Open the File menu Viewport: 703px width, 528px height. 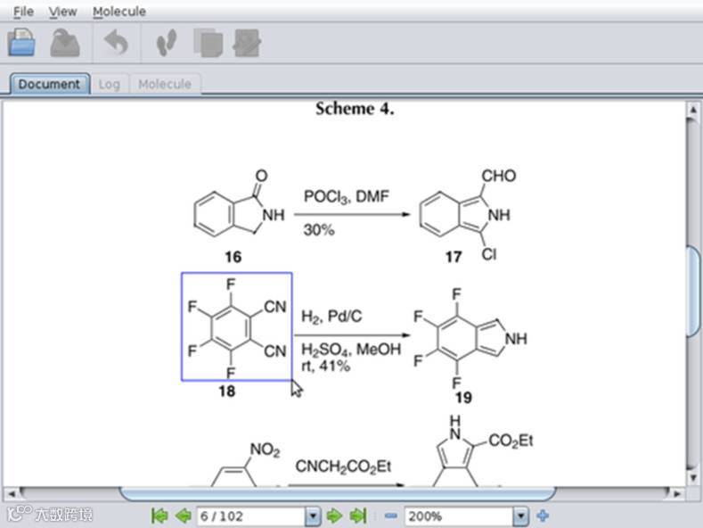click(x=23, y=12)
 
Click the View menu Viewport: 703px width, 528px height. click(x=62, y=12)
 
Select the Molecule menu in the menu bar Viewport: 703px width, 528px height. click(x=119, y=12)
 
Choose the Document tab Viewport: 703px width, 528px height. click(x=49, y=84)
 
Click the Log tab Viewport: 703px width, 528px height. click(x=109, y=84)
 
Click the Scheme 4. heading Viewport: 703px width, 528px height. click(x=355, y=109)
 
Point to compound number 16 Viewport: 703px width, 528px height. click(x=233, y=257)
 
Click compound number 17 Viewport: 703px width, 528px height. click(x=454, y=257)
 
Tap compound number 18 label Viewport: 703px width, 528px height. click(x=226, y=391)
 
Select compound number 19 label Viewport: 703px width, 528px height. click(x=462, y=398)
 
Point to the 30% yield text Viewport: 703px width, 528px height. click(x=318, y=230)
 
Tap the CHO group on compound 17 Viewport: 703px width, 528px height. click(x=497, y=176)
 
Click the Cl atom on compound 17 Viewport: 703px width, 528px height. click(x=489, y=255)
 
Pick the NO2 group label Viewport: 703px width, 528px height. click(x=264, y=450)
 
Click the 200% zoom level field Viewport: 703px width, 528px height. click(x=458, y=516)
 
